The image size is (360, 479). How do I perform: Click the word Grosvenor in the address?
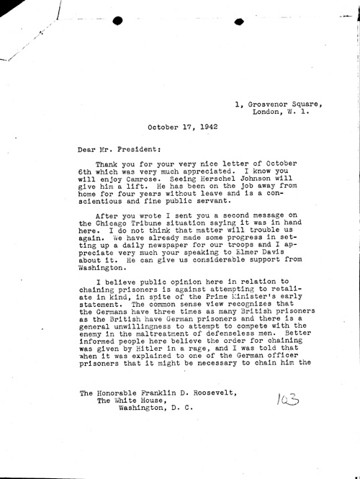tap(269, 104)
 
